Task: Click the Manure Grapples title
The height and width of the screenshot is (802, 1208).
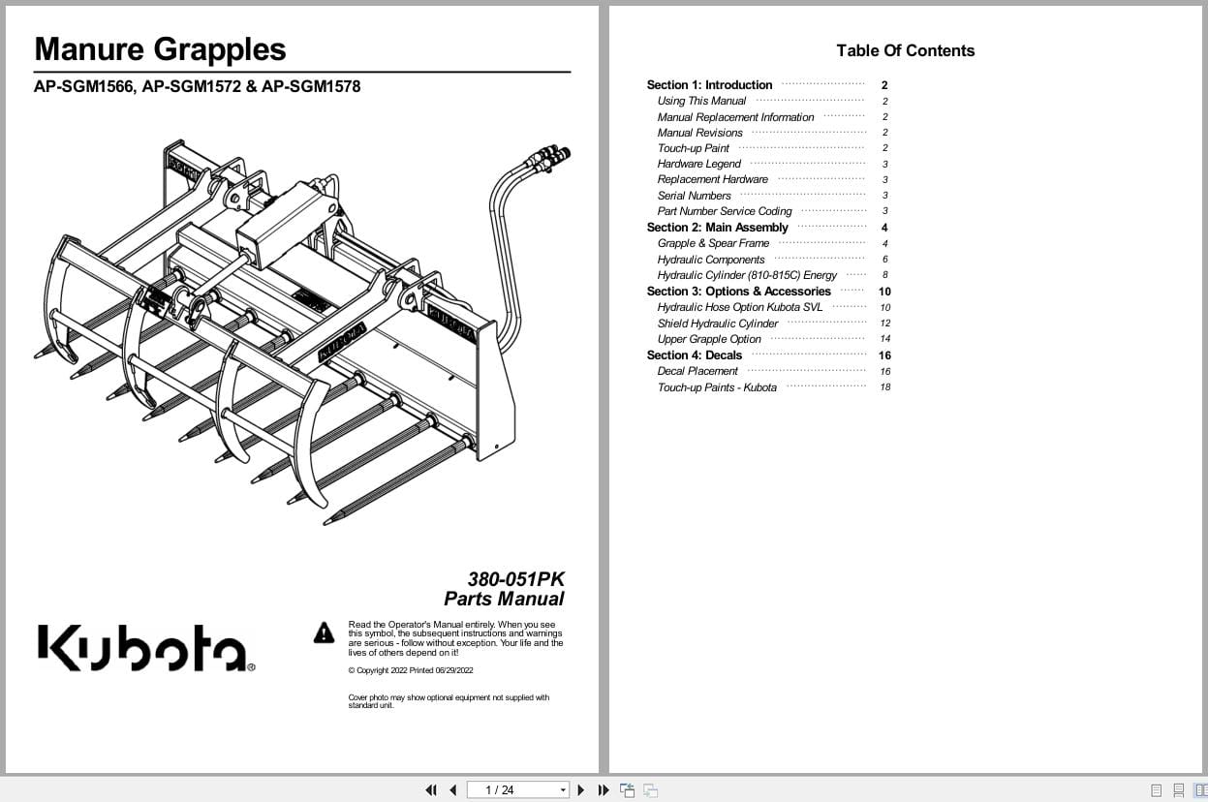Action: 160,49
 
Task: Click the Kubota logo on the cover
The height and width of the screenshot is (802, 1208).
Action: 146,648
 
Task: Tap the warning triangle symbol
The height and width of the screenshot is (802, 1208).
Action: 324,633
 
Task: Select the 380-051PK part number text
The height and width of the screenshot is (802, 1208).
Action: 515,579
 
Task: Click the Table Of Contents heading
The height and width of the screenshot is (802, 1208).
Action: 905,50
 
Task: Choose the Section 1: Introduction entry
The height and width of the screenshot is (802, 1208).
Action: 709,85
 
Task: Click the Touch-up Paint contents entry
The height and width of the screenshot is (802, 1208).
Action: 693,148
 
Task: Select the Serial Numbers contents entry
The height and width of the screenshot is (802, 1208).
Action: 694,196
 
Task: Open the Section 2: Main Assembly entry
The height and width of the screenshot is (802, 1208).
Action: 717,228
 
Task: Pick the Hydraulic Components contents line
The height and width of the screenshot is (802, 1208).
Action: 711,260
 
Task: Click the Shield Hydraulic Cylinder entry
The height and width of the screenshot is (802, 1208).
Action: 717,324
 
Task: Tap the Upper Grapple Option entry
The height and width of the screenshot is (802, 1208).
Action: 709,339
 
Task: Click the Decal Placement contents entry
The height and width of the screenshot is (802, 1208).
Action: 697,371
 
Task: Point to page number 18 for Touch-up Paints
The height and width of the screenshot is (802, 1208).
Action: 884,387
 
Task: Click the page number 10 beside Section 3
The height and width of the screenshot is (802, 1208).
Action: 884,292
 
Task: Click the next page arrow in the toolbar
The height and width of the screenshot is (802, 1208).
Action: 581,790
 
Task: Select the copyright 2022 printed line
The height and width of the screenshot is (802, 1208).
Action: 411,670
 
